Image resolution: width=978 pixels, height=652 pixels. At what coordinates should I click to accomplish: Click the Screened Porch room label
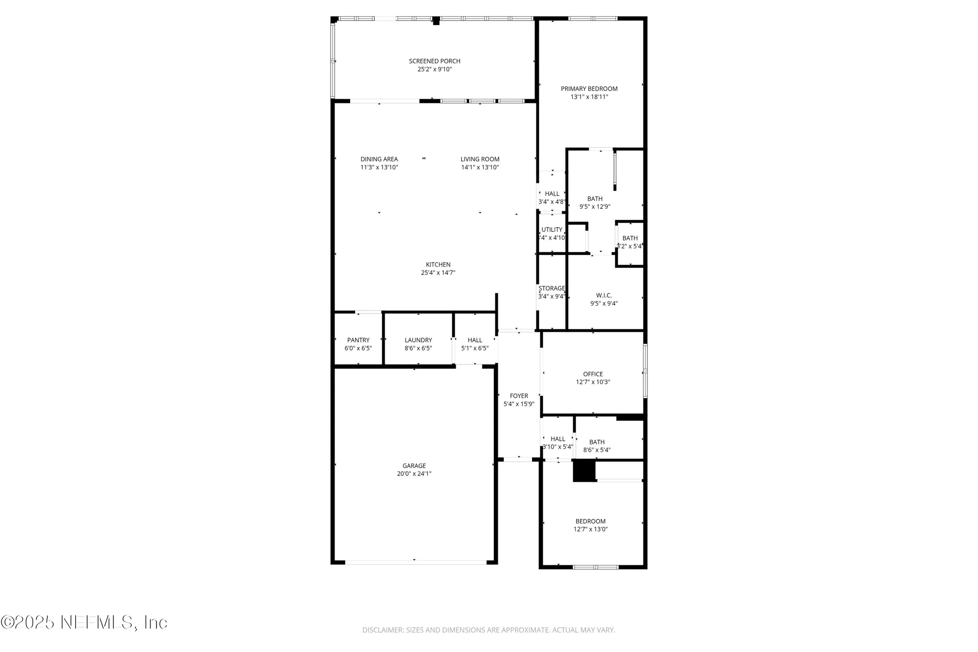(x=434, y=61)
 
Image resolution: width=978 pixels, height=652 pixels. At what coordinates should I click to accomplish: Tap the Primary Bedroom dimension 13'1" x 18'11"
(x=589, y=97)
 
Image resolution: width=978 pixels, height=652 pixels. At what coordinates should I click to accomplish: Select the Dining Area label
(x=379, y=159)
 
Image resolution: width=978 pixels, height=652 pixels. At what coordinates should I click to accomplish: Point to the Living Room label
(x=480, y=159)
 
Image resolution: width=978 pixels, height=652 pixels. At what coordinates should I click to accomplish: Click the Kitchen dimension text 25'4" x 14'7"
(x=438, y=273)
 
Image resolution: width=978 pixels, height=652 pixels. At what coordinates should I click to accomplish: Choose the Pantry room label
(x=358, y=340)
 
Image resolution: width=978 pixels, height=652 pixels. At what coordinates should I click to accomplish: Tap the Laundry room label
(x=418, y=340)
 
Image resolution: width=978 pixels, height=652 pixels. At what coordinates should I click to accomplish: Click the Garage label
(x=414, y=466)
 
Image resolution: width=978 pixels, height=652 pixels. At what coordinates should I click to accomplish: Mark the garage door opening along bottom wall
(x=416, y=562)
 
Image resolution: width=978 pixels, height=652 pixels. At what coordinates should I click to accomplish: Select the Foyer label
(x=518, y=396)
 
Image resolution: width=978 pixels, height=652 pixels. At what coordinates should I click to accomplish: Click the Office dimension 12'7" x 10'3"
(x=593, y=382)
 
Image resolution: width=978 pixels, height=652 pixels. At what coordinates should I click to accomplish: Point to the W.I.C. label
(x=603, y=295)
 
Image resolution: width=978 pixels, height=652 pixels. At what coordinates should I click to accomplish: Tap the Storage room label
(x=552, y=288)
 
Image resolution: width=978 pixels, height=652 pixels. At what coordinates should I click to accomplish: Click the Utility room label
(x=552, y=229)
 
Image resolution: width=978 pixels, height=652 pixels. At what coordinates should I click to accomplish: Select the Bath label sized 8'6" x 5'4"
(x=597, y=442)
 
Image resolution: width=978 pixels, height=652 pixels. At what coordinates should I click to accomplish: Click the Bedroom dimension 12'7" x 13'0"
(x=590, y=529)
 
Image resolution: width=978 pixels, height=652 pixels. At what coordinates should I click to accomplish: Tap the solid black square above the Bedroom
(x=584, y=471)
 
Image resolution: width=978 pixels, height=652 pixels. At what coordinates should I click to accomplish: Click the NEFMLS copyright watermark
(x=84, y=622)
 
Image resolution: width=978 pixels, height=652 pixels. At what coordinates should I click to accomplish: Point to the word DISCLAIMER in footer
(x=382, y=630)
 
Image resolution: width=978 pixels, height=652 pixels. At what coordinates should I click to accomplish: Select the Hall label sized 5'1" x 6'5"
(x=474, y=340)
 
